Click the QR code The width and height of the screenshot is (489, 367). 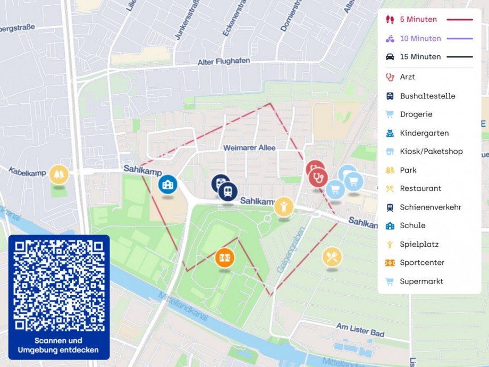tap(58, 285)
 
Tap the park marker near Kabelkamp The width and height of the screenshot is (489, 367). tap(59, 174)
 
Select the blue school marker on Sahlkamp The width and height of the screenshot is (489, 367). tap(168, 185)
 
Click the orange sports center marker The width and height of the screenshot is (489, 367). tap(225, 258)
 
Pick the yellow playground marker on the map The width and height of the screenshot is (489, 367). tap(284, 206)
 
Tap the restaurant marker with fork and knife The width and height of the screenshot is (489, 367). tap(332, 257)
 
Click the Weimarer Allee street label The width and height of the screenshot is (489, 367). tap(249, 147)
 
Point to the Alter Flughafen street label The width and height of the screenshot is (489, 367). tap(223, 62)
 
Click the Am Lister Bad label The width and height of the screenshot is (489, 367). tap(360, 330)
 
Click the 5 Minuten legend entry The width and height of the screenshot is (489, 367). tap(418, 20)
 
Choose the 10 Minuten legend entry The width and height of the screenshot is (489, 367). tap(420, 38)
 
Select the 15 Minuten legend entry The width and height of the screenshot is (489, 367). tap(420, 57)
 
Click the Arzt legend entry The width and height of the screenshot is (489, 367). tap(407, 77)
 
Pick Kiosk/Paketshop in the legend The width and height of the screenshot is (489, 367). tap(431, 152)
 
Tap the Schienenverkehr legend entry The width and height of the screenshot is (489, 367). tap(431, 207)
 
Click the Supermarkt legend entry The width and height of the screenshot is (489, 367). tap(421, 281)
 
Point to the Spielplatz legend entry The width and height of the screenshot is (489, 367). tap(419, 245)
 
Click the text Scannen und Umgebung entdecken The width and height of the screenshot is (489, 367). tap(58, 345)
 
